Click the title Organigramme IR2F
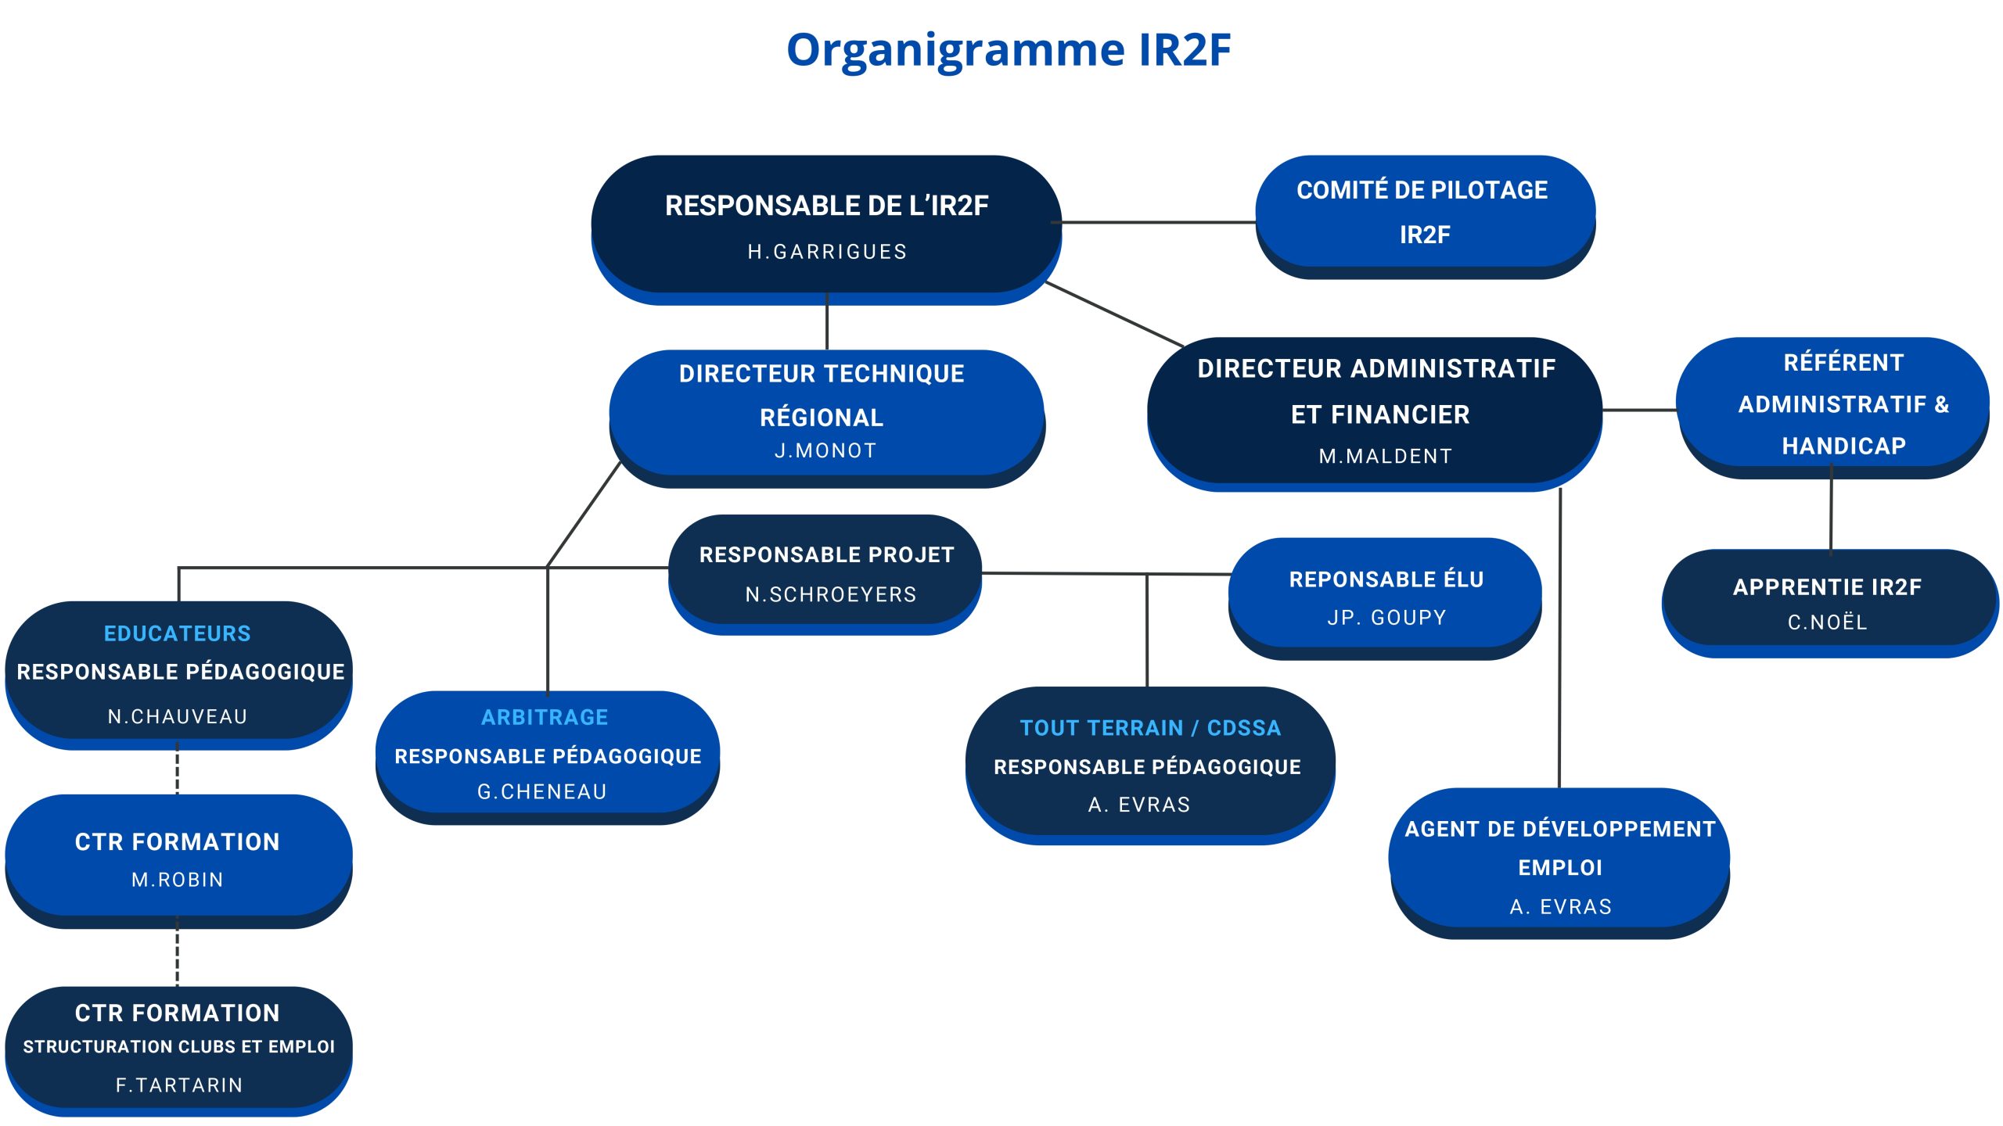click(1008, 50)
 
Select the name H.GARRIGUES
click(827, 252)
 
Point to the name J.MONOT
click(825, 451)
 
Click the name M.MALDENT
click(1385, 457)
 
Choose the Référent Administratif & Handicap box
click(1843, 403)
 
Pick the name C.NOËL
click(1827, 622)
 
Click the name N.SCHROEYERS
click(830, 595)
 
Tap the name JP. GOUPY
click(1386, 618)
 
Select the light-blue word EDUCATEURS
click(178, 633)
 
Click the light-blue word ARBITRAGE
click(545, 718)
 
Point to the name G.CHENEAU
click(542, 792)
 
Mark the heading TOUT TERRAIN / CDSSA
click(1150, 729)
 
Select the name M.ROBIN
click(178, 880)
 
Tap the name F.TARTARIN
click(179, 1085)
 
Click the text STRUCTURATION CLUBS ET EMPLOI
click(179, 1047)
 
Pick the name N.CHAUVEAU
click(178, 717)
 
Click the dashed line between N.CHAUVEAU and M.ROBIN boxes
click(178, 771)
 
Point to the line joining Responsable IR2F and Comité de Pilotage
click(1158, 223)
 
